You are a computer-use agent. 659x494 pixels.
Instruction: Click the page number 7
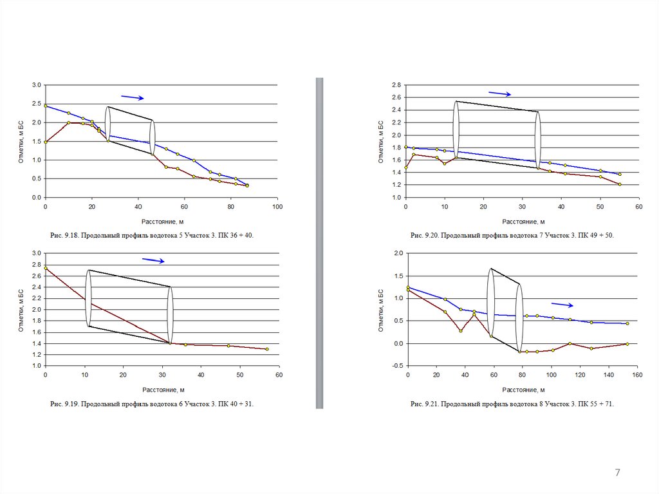(x=618, y=473)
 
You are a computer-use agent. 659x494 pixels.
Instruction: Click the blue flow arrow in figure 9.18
(x=132, y=97)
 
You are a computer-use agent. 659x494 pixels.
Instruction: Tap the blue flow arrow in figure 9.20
(x=499, y=93)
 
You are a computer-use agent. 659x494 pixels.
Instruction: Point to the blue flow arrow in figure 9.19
(x=153, y=260)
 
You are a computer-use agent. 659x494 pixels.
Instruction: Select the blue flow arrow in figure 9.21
(x=562, y=305)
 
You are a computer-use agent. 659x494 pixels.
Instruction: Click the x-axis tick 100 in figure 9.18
(x=277, y=207)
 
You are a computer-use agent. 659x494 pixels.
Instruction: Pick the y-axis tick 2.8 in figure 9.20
(x=396, y=85)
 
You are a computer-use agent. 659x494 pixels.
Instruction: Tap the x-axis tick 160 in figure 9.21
(x=636, y=374)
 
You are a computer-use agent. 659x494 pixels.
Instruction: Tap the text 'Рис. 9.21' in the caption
(x=425, y=404)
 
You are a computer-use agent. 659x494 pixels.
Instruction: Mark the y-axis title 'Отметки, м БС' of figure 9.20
(x=381, y=141)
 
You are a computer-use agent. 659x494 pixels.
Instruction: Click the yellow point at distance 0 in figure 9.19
(x=46, y=268)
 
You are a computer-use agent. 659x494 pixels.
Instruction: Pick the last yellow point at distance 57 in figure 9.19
(x=267, y=349)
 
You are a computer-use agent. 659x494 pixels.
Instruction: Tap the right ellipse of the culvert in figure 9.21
(x=519, y=318)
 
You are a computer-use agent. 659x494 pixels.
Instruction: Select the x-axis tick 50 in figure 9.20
(x=600, y=207)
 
